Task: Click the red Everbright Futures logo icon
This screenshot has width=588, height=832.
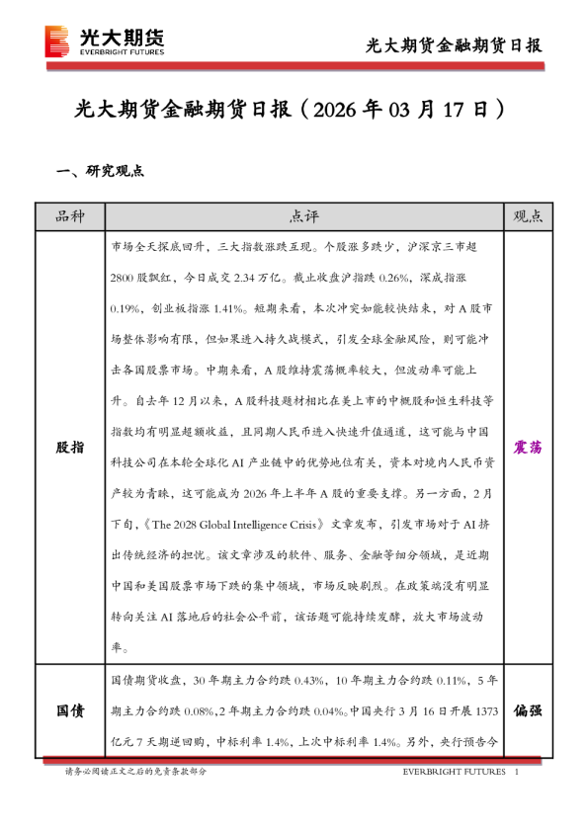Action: pos(58,41)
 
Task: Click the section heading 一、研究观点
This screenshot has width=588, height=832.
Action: pos(101,171)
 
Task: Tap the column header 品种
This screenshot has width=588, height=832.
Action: pos(69,216)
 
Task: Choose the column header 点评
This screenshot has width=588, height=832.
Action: pos(304,216)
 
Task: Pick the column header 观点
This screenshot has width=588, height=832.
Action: pos(528,216)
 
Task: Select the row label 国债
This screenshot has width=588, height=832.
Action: pos(69,710)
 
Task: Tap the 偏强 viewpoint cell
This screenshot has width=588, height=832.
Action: pos(528,710)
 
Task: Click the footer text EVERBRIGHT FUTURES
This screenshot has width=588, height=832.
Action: pos(454,771)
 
